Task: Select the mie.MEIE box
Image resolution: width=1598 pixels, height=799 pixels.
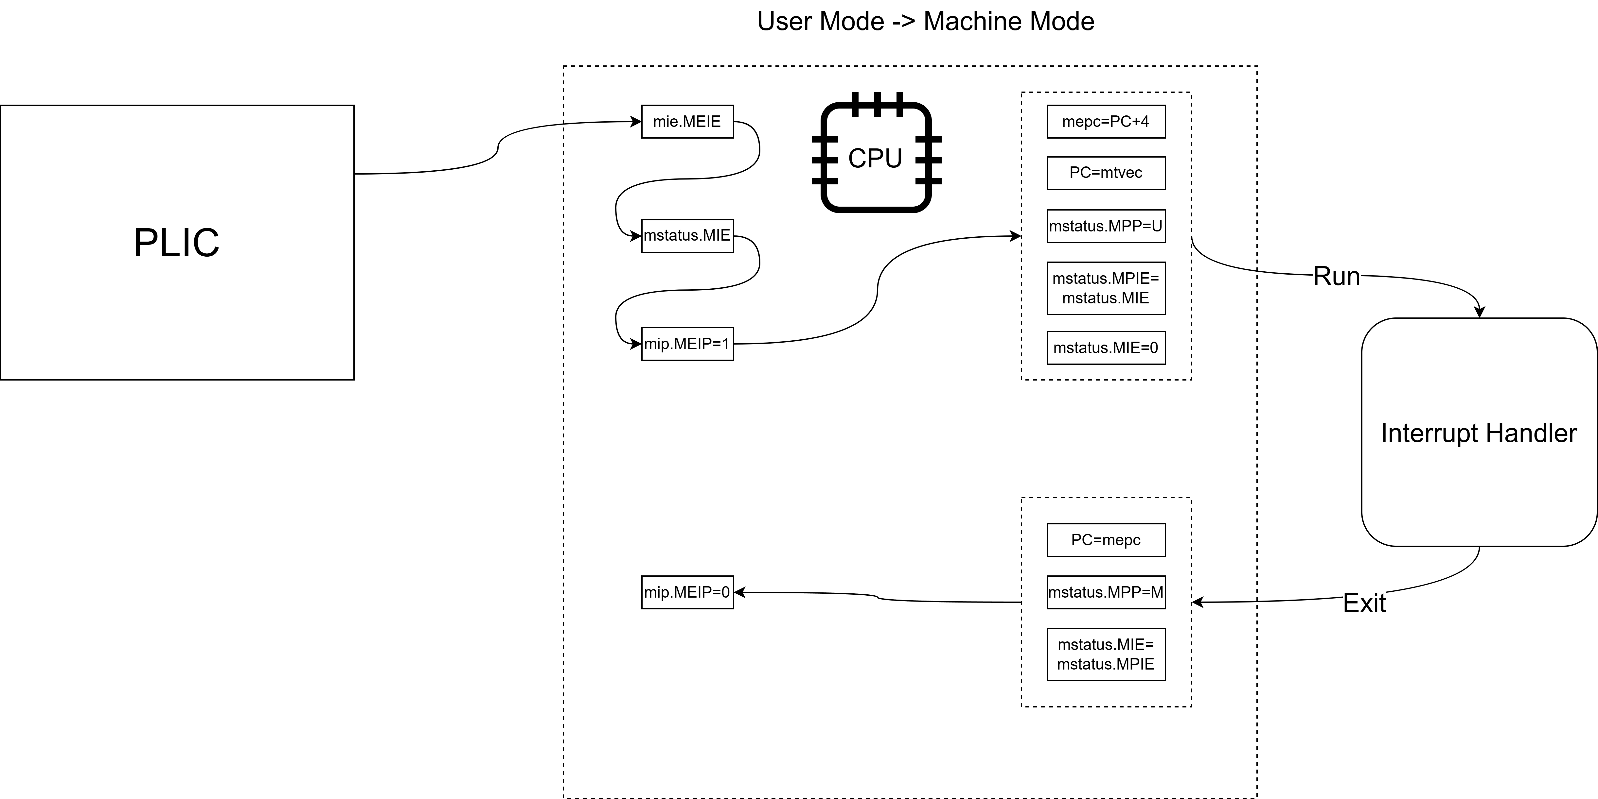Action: click(x=687, y=122)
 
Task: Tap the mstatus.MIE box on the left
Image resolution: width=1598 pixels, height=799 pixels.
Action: click(x=687, y=235)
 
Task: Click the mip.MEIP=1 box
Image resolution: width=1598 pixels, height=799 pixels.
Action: click(x=687, y=343)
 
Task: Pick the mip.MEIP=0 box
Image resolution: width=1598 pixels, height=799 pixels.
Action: click(x=687, y=592)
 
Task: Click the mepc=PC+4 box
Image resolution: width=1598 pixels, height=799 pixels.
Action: click(x=1106, y=122)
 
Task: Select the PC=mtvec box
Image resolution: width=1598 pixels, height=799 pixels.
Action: click(x=1106, y=173)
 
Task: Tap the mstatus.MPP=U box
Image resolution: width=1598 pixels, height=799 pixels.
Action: click(x=1106, y=226)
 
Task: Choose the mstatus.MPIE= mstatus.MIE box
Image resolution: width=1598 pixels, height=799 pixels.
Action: click(x=1106, y=288)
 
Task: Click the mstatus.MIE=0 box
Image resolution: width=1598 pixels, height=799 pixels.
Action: click(x=1106, y=348)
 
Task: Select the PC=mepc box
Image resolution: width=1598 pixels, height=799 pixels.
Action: click(x=1106, y=540)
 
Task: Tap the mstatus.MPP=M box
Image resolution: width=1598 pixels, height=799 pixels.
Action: click(x=1106, y=592)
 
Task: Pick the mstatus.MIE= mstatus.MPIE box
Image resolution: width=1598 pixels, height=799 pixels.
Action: click(x=1106, y=654)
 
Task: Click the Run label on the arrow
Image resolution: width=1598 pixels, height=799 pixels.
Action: click(x=1337, y=277)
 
